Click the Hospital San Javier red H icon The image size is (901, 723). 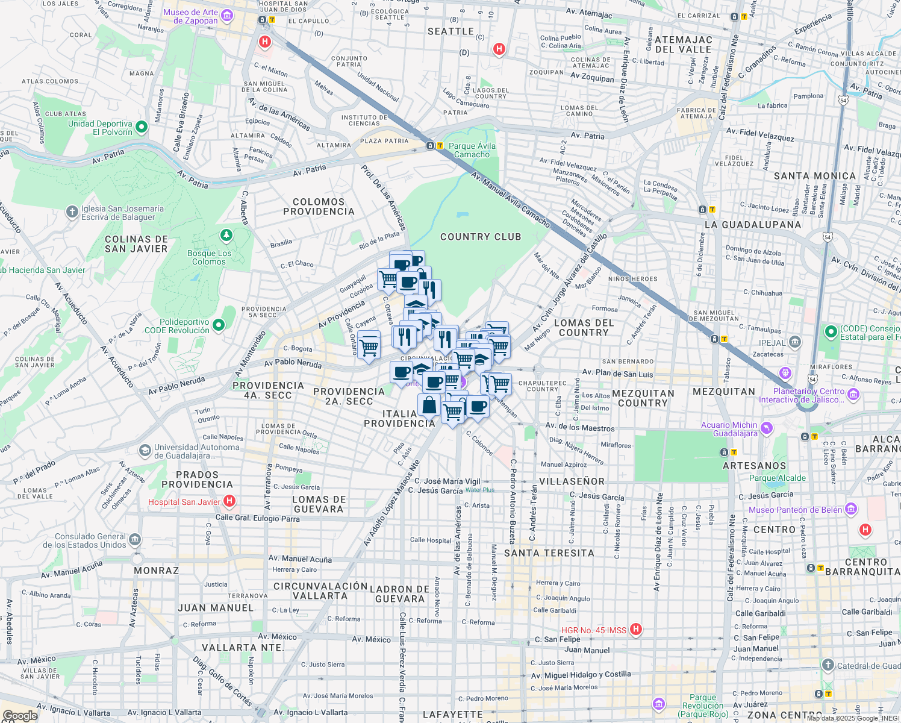[x=229, y=501]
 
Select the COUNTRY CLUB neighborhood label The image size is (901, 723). [x=481, y=237]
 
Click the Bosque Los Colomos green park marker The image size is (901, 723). [x=226, y=235]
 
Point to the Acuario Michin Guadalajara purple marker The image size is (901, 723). [x=766, y=428]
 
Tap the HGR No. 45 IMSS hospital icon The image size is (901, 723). [x=635, y=630]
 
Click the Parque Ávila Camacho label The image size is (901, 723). [x=472, y=150]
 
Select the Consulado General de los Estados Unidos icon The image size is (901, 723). [x=135, y=539]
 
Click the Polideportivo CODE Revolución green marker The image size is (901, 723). [x=219, y=325]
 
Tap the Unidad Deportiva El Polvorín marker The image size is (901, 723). [x=142, y=127]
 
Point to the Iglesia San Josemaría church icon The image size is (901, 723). [x=72, y=212]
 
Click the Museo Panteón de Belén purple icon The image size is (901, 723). [x=850, y=509]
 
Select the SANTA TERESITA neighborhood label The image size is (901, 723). [x=549, y=553]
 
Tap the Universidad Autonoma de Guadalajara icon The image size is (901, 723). [x=145, y=451]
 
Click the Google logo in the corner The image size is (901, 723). [x=20, y=716]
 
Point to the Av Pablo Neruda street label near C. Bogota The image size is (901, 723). [x=293, y=363]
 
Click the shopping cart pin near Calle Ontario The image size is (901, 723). [x=369, y=346]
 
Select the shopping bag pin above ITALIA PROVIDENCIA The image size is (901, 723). [x=429, y=405]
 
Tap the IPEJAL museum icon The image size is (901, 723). [x=794, y=343]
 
